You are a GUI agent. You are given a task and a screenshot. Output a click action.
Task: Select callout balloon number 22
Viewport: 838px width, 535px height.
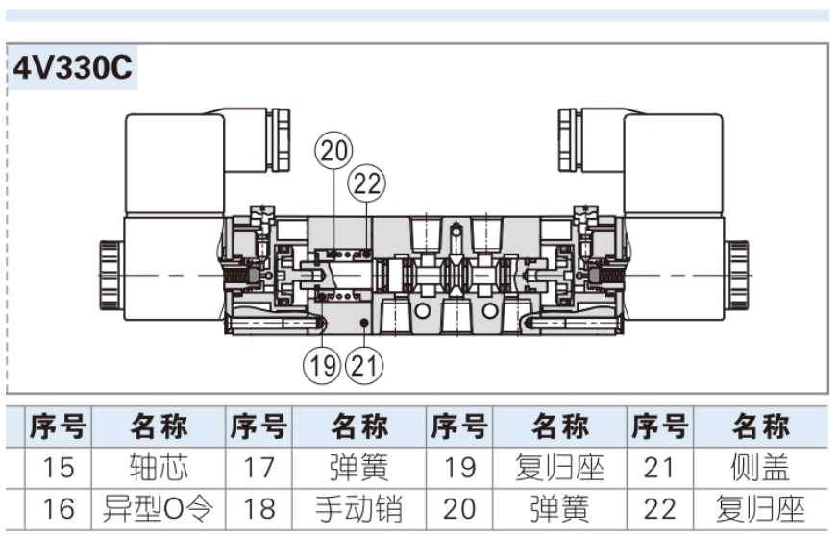pos(367,182)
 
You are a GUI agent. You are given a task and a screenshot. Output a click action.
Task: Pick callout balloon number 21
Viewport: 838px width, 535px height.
pos(362,364)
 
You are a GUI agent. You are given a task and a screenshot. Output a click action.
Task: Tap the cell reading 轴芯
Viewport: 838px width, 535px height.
pos(159,468)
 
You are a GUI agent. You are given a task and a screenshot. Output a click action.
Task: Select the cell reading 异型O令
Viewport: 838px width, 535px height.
pos(159,508)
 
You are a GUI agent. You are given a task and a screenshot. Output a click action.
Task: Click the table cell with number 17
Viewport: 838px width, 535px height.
pos(259,468)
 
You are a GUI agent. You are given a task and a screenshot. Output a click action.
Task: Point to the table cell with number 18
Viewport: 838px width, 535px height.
pos(259,508)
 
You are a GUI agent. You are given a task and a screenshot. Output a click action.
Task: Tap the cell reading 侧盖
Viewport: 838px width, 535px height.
pos(761,468)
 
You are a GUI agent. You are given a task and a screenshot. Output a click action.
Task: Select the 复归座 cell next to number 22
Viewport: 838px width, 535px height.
pos(761,508)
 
